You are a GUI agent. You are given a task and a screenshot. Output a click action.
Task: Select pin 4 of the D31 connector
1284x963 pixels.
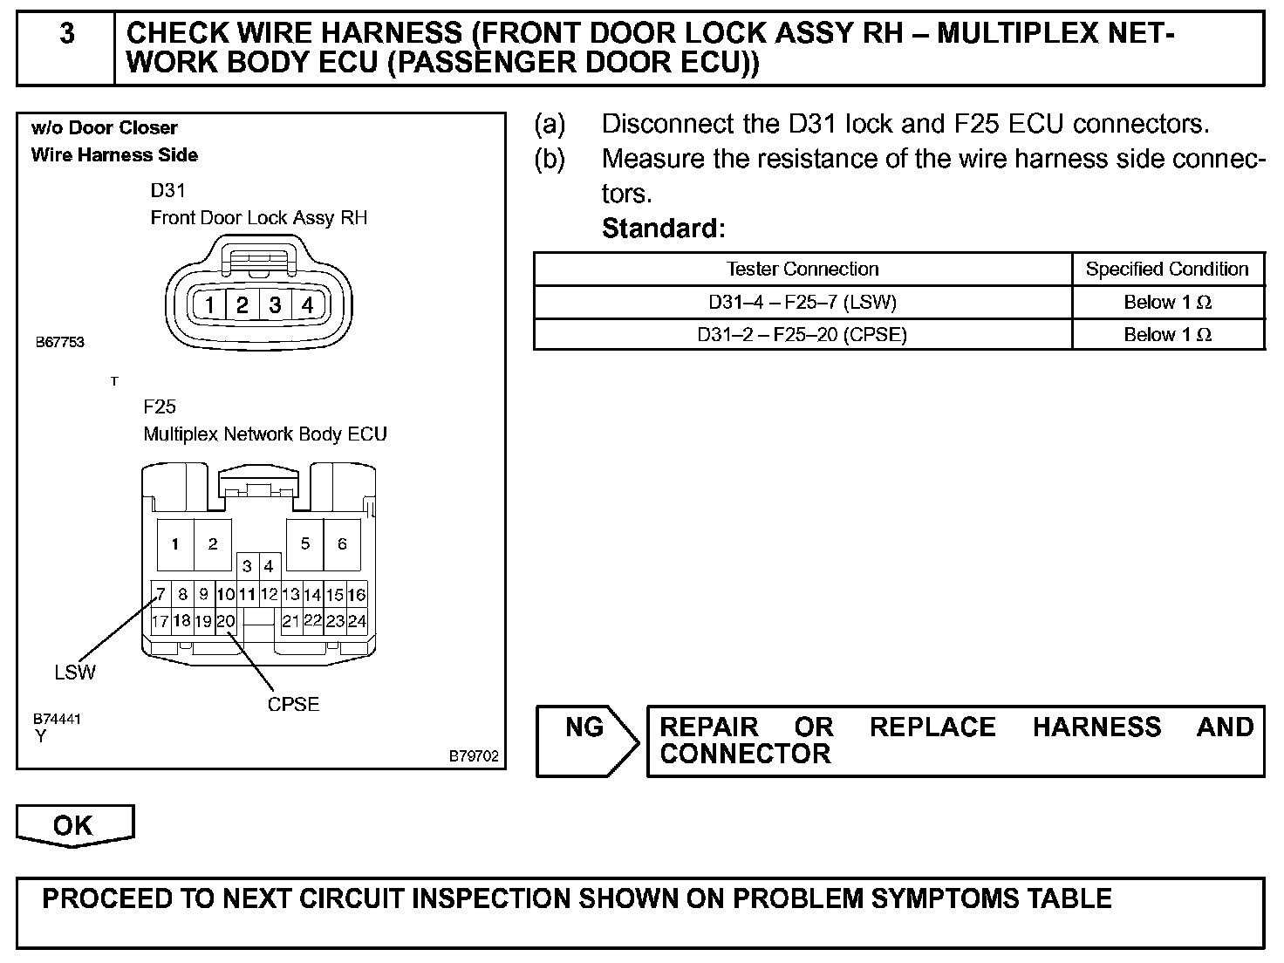[x=307, y=304]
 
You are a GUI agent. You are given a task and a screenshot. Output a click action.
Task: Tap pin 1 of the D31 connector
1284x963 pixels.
[x=209, y=304]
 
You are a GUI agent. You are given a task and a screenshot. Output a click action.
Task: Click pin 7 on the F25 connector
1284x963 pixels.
[x=160, y=595]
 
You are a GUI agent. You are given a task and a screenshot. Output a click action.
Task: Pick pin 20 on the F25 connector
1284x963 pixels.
[x=226, y=622]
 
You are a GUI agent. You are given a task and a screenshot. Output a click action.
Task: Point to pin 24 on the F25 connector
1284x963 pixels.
[x=357, y=622]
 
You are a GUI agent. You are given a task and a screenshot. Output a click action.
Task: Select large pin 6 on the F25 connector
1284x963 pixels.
[x=342, y=544]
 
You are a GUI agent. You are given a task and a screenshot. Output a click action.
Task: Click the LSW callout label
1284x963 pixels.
[x=75, y=672]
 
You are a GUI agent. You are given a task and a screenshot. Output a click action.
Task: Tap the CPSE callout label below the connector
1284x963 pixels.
[x=293, y=704]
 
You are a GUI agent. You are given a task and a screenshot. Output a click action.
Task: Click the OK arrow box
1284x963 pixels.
[x=75, y=825]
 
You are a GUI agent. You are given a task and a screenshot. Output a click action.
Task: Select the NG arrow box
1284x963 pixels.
[x=584, y=727]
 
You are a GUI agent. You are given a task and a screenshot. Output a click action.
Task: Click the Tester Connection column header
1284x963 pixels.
[x=802, y=269]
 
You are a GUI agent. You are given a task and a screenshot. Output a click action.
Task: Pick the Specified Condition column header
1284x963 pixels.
[x=1167, y=269]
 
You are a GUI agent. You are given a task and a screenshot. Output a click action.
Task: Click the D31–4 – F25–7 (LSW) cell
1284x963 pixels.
[x=802, y=302]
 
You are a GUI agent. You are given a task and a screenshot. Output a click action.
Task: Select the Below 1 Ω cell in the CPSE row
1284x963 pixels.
[x=1167, y=334]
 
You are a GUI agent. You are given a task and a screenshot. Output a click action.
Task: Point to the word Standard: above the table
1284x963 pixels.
[x=664, y=229]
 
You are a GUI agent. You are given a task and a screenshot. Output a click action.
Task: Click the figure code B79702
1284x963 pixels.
[x=474, y=756]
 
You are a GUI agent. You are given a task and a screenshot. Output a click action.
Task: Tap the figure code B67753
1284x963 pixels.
[x=59, y=342]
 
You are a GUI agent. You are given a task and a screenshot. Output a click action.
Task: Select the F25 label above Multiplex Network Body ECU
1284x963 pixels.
[x=160, y=406]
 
